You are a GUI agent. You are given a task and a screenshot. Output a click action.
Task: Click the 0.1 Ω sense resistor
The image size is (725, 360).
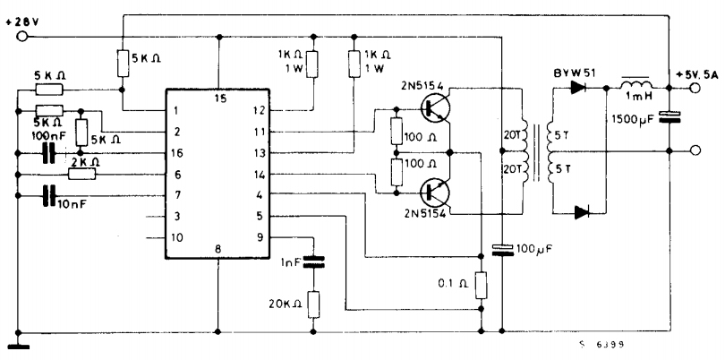(480, 285)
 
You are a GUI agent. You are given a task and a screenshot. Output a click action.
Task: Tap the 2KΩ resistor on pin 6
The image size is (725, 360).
(82, 175)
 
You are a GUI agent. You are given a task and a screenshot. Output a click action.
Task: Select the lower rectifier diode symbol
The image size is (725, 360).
(583, 211)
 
